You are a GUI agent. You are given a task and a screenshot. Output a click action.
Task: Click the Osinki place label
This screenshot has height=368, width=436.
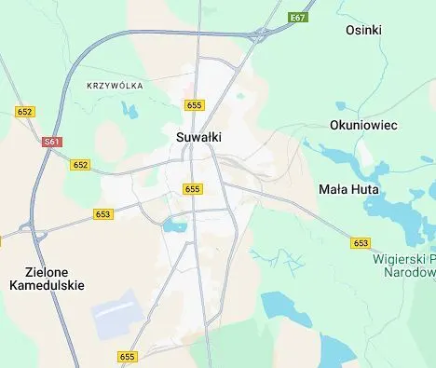pos(363,30)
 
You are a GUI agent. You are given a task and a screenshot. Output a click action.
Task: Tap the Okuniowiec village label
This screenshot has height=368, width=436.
pos(362,124)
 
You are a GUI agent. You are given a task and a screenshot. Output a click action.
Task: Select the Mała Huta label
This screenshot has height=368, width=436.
pos(347,188)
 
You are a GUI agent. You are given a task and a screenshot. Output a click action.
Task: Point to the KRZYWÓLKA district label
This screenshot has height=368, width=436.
pos(114,86)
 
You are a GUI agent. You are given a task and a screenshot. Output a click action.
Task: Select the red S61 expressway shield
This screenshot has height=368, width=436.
pos(52,142)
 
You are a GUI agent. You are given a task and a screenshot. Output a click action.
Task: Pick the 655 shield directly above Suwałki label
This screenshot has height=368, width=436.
pos(194,105)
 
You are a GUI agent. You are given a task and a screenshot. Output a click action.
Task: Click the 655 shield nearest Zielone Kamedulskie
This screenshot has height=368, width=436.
pos(128,357)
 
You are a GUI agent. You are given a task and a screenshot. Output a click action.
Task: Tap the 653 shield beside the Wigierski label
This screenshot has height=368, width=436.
pos(361,242)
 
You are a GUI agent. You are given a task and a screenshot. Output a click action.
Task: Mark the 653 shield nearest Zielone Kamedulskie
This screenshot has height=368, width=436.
pos(103,213)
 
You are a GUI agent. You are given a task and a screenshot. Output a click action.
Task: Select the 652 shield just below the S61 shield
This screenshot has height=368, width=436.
pos(80,165)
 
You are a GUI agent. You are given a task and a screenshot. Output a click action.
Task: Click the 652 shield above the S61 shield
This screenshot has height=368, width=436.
pos(25,112)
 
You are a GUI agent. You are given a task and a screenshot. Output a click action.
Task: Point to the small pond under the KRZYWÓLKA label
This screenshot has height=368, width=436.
pos(129,111)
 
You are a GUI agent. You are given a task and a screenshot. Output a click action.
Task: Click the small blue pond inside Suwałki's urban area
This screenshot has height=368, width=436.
pos(174,225)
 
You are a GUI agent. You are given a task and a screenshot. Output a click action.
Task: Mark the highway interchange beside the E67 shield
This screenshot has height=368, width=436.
pos(257,35)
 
